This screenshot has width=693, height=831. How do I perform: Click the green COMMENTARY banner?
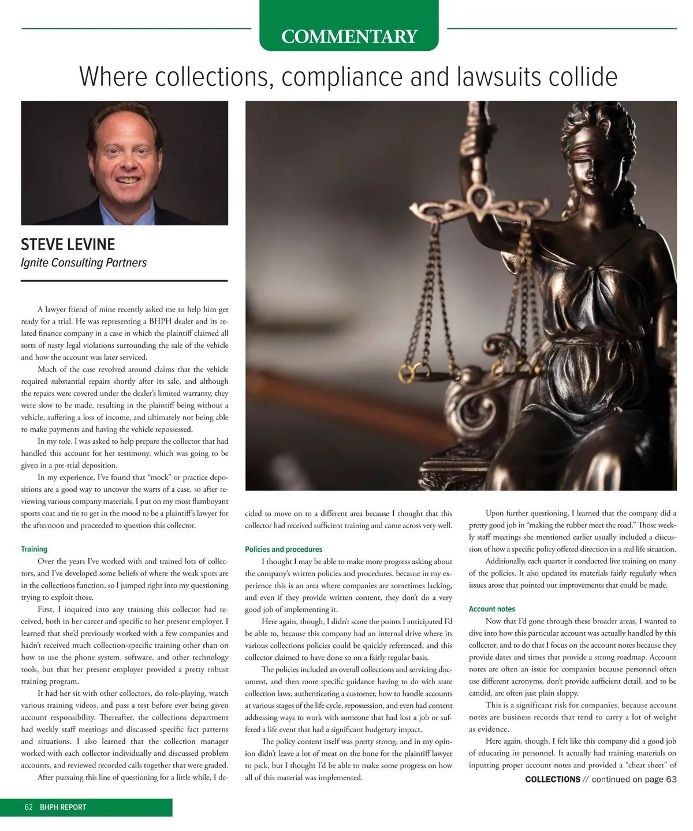pos(349,36)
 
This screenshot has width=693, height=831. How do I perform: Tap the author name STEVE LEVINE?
pos(68,244)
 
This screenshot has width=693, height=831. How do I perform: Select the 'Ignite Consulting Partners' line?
pos(84,263)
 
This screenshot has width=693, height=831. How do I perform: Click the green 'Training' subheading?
pos(34,549)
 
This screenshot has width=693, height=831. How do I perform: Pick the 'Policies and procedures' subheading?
pos(284,549)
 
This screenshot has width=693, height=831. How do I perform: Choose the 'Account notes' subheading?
pos(492,609)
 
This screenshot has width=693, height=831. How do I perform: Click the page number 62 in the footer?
pos(29,807)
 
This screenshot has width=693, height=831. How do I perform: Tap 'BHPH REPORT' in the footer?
pos(63,807)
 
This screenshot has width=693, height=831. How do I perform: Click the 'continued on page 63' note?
pos(634,779)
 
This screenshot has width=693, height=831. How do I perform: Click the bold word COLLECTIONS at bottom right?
pos(553,779)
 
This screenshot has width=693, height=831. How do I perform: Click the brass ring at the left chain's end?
pos(408,368)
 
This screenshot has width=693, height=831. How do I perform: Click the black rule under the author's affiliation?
pos(124,281)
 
